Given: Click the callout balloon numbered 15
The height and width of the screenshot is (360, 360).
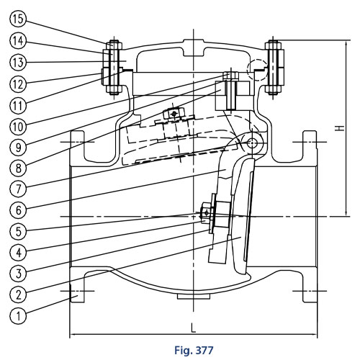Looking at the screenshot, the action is coord(18,19).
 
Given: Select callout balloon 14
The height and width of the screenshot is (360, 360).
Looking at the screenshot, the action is coord(18,40).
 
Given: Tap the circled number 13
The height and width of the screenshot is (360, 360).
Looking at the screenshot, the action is coord(18,62).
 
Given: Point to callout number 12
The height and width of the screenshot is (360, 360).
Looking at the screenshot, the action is coord(18,84).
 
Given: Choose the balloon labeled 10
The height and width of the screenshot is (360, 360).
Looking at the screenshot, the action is coord(18,127).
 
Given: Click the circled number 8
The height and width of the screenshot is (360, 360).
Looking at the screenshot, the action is coord(18,168).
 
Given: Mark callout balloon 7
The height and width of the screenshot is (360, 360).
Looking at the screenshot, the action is coord(18,189).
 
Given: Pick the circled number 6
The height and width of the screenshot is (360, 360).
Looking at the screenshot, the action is coord(18,210).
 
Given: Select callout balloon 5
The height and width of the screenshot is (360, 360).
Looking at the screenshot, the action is coord(18,231).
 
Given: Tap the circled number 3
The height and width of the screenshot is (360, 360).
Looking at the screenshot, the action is coord(18,274).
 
